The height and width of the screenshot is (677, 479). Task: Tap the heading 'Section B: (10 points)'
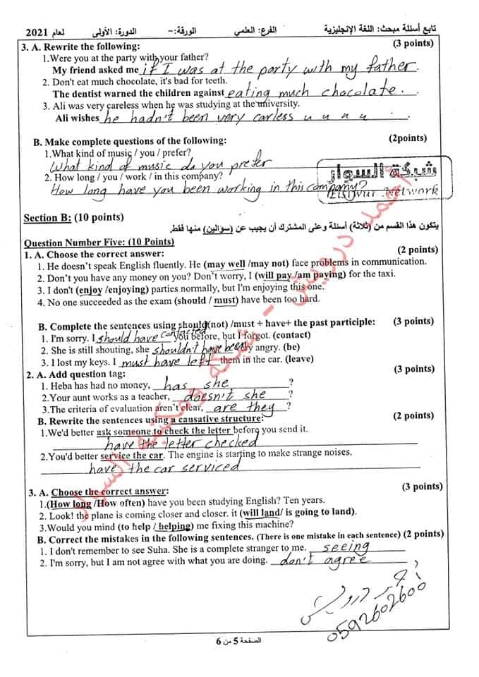coord(73,217)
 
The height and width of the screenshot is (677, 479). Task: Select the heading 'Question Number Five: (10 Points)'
coord(99,241)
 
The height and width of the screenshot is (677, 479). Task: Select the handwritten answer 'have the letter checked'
coord(180,443)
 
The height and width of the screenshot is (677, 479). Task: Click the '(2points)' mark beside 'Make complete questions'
coord(407,139)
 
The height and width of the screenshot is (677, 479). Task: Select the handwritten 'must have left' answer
coord(164,361)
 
